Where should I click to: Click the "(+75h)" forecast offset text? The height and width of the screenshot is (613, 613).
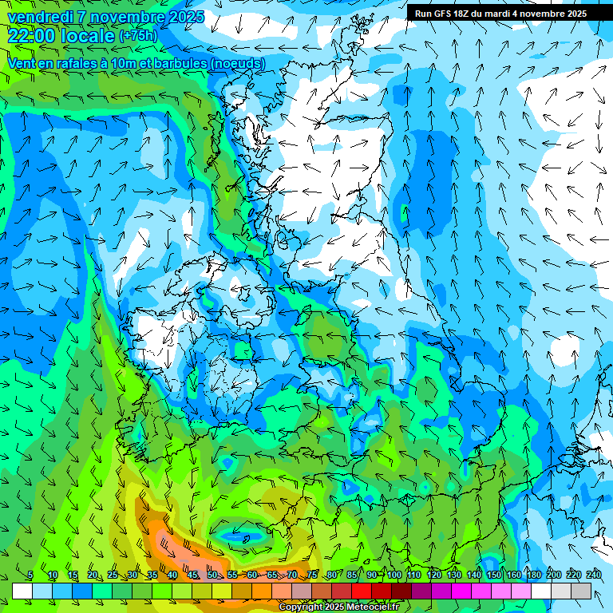pyautogui.click(x=137, y=36)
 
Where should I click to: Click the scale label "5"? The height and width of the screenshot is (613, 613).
pyautogui.click(x=30, y=575)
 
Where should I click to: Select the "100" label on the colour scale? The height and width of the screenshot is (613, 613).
pyautogui.click(x=394, y=575)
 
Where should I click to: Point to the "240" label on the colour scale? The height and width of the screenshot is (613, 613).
pyautogui.click(x=594, y=575)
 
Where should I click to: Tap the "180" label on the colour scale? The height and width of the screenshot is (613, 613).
pyautogui.click(x=534, y=575)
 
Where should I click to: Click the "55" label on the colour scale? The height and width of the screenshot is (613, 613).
pyautogui.click(x=232, y=575)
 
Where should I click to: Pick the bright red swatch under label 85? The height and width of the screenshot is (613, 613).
pyautogui.click(x=362, y=591)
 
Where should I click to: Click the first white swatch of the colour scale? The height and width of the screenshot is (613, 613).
pyautogui.click(x=22, y=591)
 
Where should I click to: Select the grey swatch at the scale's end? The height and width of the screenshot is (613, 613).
pyautogui.click(x=581, y=591)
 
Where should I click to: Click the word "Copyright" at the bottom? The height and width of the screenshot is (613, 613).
pyautogui.click(x=301, y=607)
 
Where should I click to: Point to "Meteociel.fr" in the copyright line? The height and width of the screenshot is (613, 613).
pyautogui.click(x=373, y=607)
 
